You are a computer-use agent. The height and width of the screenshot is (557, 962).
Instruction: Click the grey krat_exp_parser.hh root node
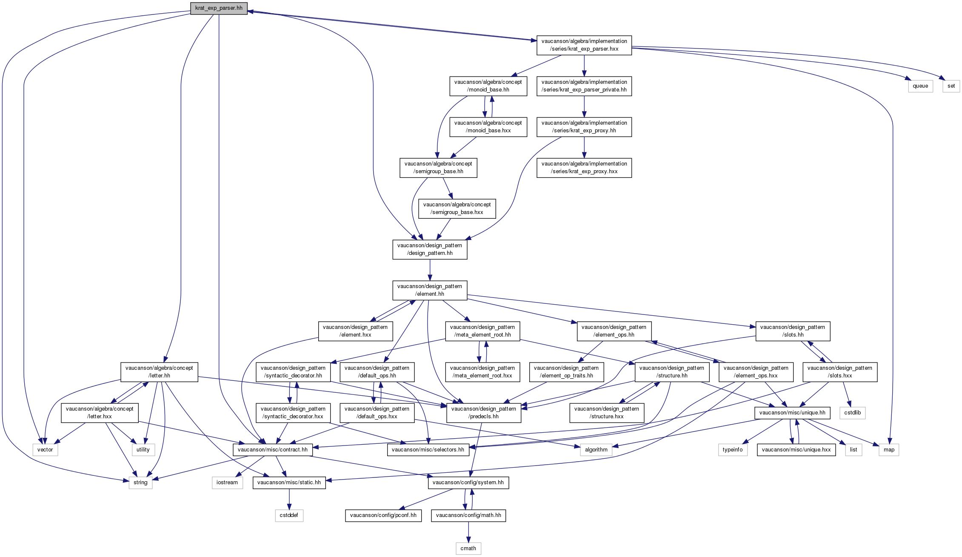(x=219, y=8)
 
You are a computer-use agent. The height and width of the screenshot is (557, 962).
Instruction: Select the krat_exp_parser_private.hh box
(x=584, y=86)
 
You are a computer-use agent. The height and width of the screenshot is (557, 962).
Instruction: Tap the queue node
(x=920, y=86)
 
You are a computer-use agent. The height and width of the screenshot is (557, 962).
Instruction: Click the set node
(x=951, y=86)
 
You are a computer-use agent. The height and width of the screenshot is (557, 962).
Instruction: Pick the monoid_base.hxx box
(x=488, y=127)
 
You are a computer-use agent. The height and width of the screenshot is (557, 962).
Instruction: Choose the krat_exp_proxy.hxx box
(x=584, y=168)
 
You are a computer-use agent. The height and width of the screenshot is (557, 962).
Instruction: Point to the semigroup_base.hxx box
(x=457, y=209)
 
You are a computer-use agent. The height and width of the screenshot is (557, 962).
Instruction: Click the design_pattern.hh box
(x=429, y=249)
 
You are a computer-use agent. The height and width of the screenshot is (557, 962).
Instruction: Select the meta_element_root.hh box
(x=482, y=331)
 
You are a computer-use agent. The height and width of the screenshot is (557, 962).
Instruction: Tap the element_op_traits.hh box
(x=566, y=372)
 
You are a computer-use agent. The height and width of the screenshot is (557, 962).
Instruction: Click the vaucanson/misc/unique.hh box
(x=792, y=413)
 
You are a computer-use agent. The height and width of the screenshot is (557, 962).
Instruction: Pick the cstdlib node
(x=852, y=413)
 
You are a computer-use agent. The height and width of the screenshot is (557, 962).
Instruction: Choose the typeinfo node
(x=732, y=450)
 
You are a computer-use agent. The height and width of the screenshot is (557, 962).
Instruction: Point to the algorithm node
(x=596, y=450)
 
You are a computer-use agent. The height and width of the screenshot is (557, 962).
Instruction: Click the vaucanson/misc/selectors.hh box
(x=428, y=450)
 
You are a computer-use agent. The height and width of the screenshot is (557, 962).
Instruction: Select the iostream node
(x=227, y=483)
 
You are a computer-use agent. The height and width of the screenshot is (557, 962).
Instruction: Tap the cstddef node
(x=289, y=515)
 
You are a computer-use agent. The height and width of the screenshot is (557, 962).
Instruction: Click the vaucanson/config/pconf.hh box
(x=383, y=515)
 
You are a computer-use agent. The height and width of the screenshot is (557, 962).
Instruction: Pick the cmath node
(x=468, y=548)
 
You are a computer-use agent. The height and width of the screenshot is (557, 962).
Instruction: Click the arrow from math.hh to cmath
(x=468, y=532)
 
